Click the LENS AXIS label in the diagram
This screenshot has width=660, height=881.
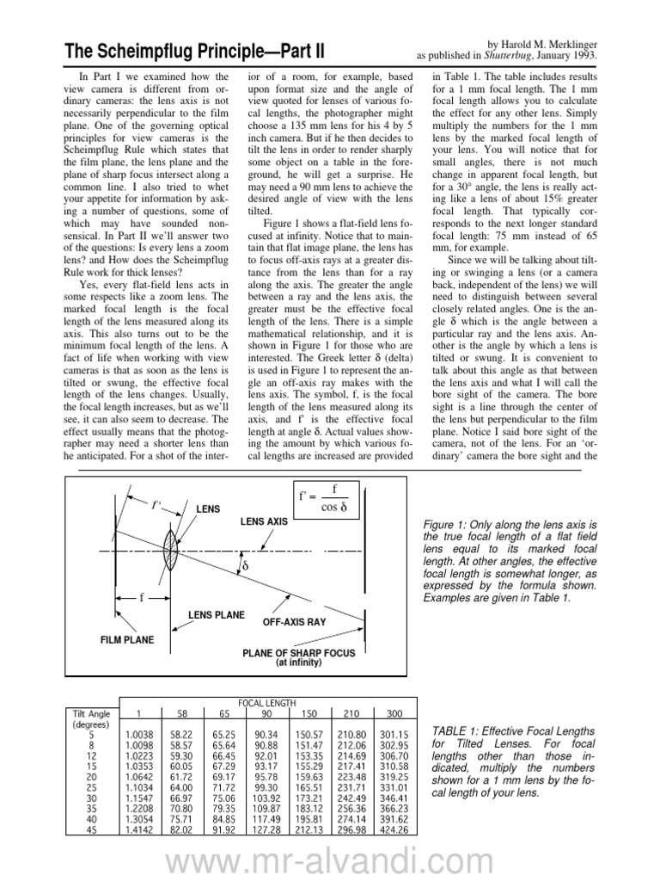[x=264, y=522]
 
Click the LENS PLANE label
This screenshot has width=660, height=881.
[x=217, y=615]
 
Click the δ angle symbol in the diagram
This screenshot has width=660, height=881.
[x=244, y=567]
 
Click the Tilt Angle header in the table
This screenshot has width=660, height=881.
[x=88, y=713]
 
